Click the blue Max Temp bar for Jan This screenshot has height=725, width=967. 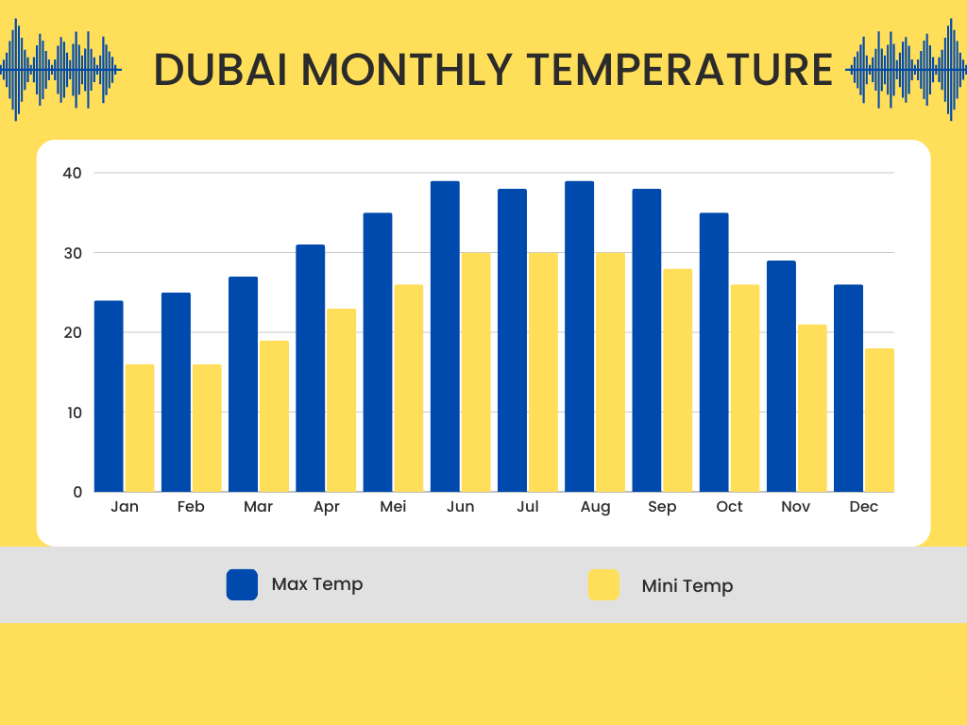click(x=109, y=396)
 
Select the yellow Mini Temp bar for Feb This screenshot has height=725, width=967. click(x=207, y=429)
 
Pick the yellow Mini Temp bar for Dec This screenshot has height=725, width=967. click(x=879, y=420)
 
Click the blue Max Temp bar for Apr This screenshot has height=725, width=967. click(x=311, y=368)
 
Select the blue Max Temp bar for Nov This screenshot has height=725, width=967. click(x=781, y=377)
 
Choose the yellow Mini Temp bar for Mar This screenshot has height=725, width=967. click(x=274, y=416)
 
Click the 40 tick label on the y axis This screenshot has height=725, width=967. click(x=74, y=173)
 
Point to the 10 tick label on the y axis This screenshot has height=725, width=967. click(x=74, y=413)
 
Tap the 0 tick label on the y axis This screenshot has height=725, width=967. click(x=77, y=492)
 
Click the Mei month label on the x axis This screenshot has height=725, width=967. click(x=393, y=507)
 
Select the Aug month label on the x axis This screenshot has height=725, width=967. click(x=595, y=508)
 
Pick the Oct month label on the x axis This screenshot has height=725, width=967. click(x=729, y=507)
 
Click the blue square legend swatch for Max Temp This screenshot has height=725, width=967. click(x=242, y=584)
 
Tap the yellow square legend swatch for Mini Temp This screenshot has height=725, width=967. click(x=603, y=584)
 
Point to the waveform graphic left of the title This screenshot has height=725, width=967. click(x=61, y=69)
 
